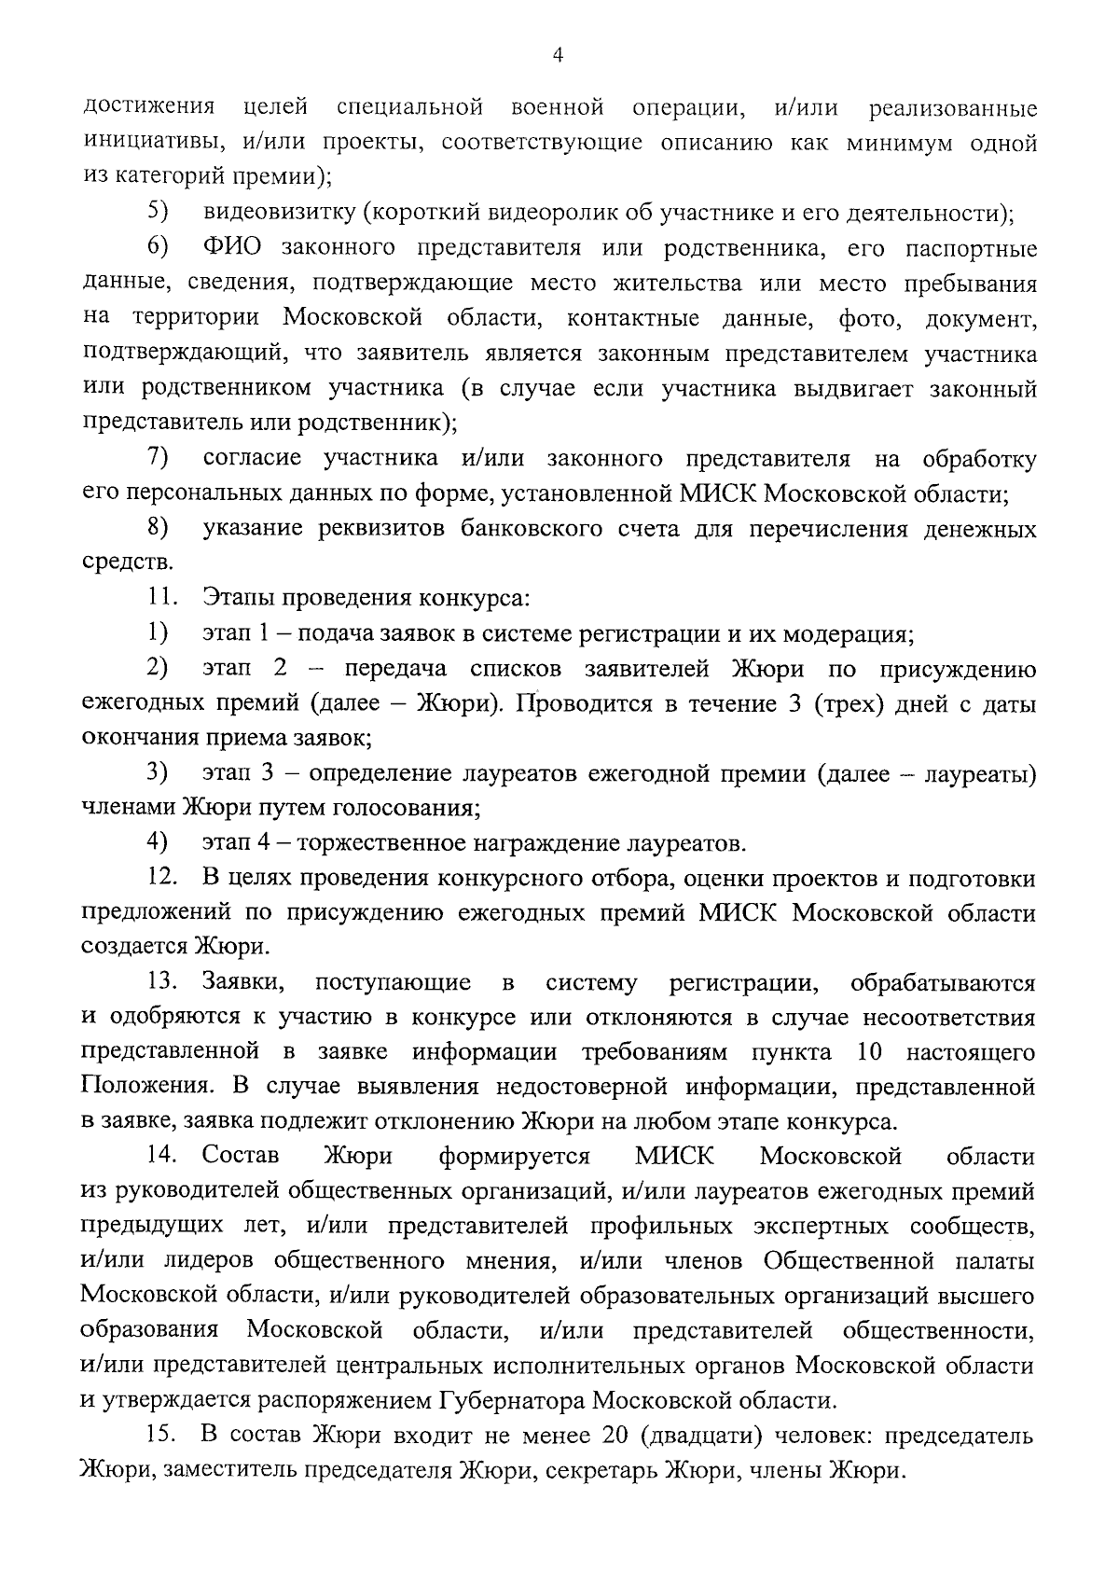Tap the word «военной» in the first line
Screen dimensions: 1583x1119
pos(559,108)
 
